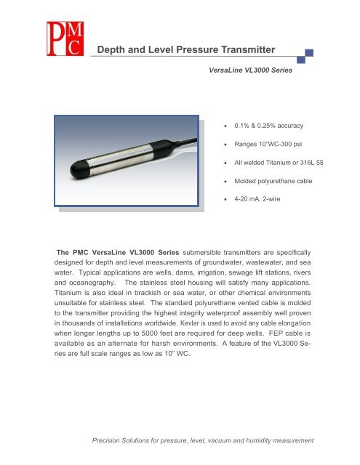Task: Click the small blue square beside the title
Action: tap(310, 53)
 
